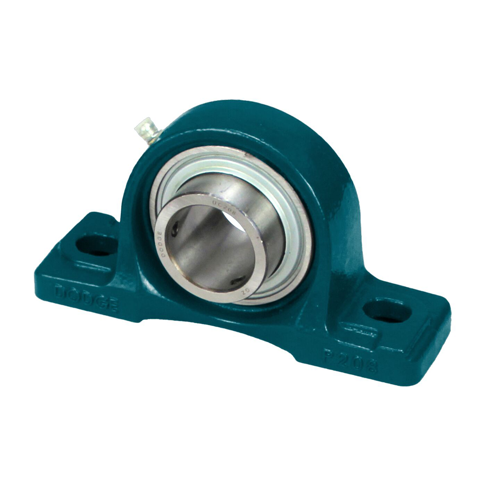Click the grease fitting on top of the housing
(145, 129)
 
